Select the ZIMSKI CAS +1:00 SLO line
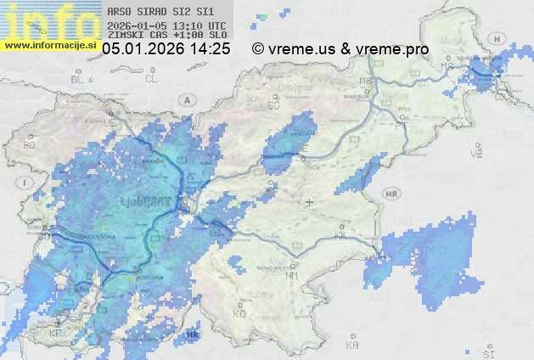tap(161, 35)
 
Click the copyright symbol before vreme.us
tap(258, 49)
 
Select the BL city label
tap(79, 79)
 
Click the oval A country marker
tap(185, 99)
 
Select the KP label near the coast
tap(56, 334)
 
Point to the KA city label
tap(352, 346)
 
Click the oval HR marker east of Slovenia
tap(391, 194)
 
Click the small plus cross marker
tap(309, 202)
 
